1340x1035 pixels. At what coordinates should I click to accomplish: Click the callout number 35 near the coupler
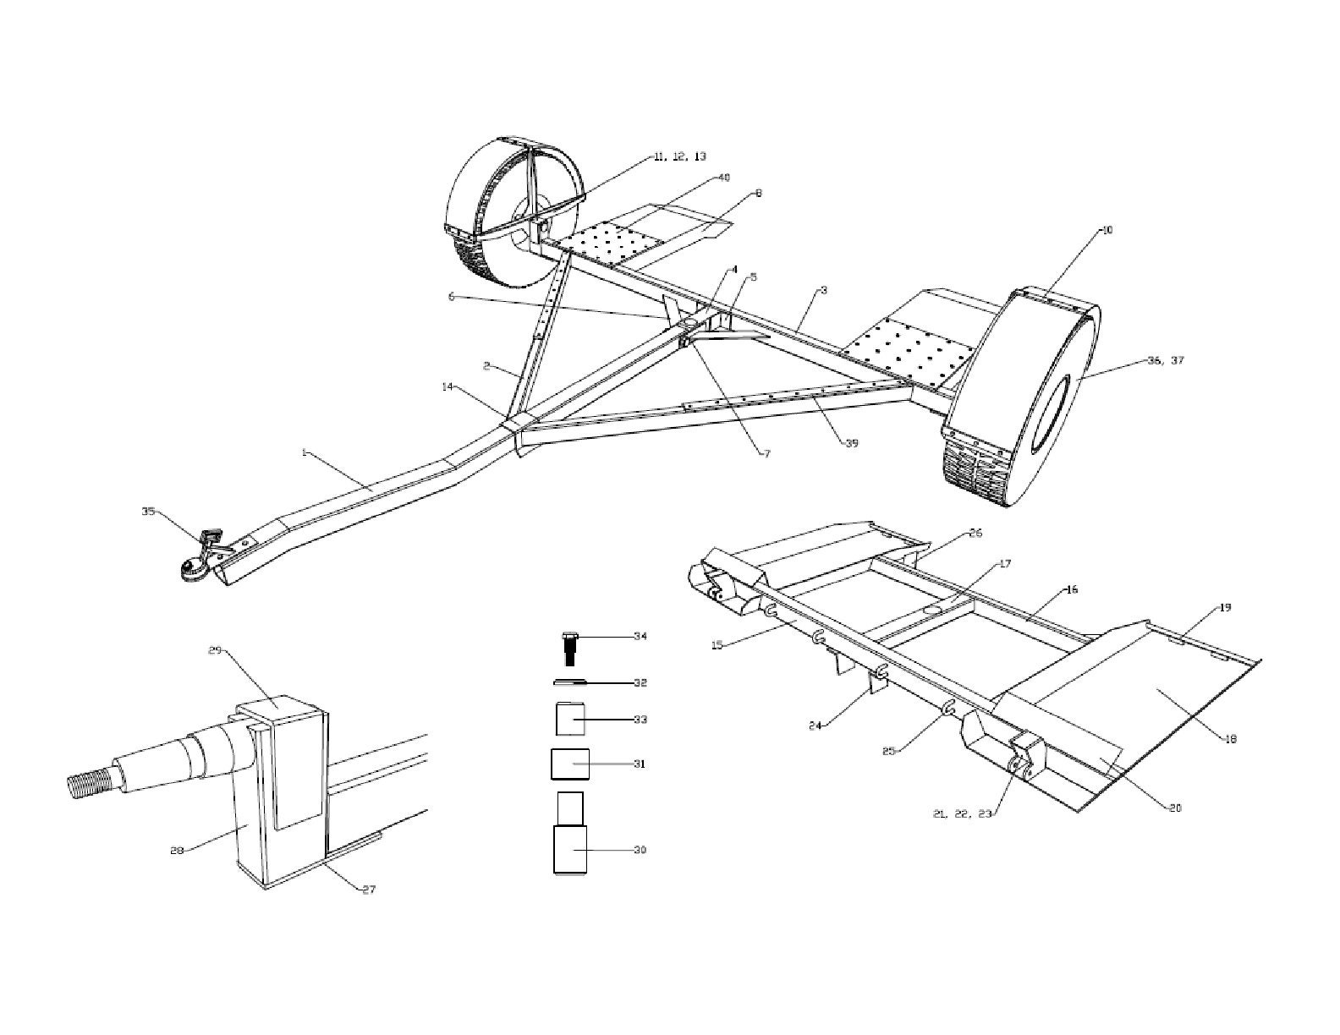point(148,511)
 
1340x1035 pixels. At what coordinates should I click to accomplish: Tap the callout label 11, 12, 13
point(679,156)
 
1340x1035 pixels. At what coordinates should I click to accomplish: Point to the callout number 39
point(851,443)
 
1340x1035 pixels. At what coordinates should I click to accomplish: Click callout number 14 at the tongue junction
point(447,386)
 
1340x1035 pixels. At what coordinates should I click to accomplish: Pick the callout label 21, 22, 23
point(961,813)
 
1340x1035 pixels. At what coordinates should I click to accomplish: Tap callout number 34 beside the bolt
point(640,636)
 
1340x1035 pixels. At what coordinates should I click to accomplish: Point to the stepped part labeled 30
point(571,837)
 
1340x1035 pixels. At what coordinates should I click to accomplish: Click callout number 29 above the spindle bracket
point(215,650)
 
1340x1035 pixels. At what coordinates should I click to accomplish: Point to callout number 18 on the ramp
point(1231,738)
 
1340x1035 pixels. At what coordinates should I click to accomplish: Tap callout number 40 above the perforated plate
point(723,178)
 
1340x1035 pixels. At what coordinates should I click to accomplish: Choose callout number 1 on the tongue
point(304,453)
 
